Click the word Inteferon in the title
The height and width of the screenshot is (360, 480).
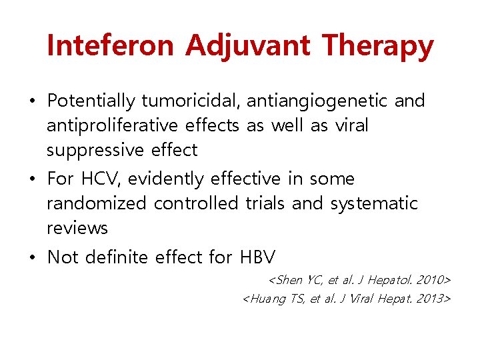pyautogui.click(x=111, y=46)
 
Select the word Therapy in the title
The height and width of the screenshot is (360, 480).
pyautogui.click(x=377, y=46)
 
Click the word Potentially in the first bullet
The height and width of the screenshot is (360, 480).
pyautogui.click(x=91, y=101)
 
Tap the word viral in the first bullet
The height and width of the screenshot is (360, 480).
pyautogui.click(x=352, y=126)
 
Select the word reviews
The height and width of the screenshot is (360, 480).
pyautogui.click(x=77, y=229)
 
